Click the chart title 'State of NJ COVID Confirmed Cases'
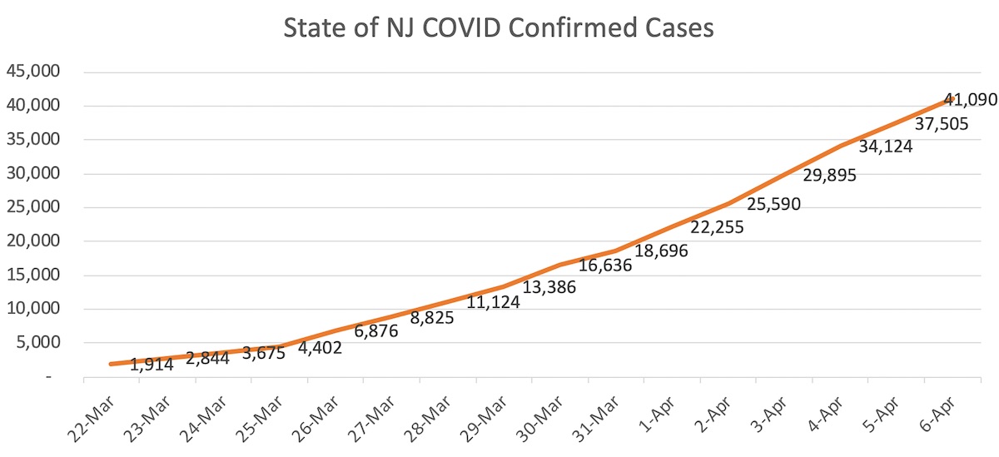click(x=498, y=27)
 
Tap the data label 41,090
click(x=969, y=100)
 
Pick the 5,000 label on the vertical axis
click(x=37, y=343)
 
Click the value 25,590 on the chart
click(x=773, y=203)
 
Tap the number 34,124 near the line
click(x=886, y=147)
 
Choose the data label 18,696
click(x=661, y=250)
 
